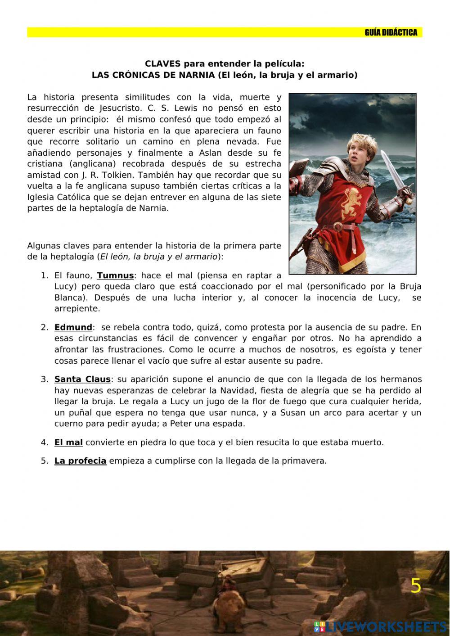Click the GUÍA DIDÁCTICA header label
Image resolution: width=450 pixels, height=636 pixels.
(x=391, y=32)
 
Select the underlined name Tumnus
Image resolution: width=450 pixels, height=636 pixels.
(x=115, y=275)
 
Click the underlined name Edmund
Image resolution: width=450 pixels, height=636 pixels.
(x=73, y=327)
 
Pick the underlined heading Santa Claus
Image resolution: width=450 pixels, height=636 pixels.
(x=82, y=379)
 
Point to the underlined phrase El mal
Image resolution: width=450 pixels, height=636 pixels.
(x=68, y=442)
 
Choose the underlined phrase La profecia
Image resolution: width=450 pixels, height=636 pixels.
(x=80, y=461)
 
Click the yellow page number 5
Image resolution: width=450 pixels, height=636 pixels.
(x=416, y=586)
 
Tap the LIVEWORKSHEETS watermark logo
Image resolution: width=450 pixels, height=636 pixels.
(x=380, y=627)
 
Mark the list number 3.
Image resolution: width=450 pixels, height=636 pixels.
(x=45, y=379)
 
